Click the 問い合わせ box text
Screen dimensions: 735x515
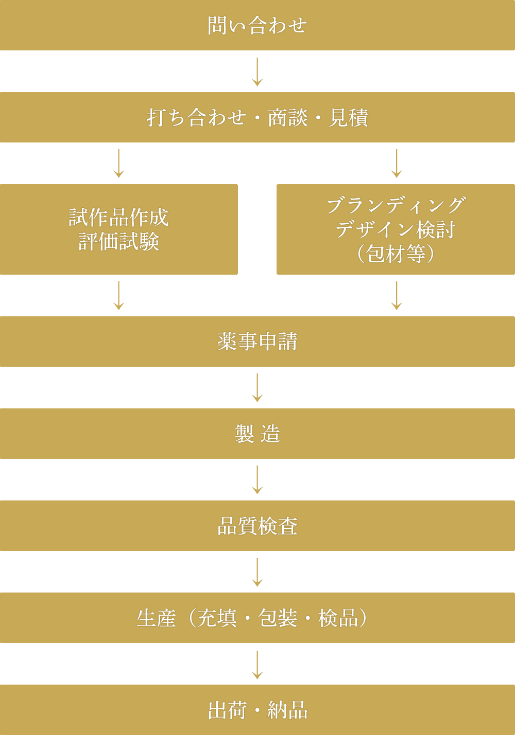coord(257,25)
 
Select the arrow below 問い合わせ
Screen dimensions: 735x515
coord(257,71)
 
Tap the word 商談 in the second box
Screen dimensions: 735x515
coord(287,118)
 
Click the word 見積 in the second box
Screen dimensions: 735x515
coord(349,118)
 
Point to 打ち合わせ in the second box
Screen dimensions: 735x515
coord(196,118)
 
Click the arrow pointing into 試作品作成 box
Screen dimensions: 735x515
coord(118,164)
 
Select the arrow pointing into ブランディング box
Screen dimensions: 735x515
coord(397,164)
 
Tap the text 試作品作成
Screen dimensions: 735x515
coord(118,217)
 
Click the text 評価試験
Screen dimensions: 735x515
coord(118,241)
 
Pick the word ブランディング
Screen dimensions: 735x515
coord(396,205)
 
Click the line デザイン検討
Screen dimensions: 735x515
coord(396,229)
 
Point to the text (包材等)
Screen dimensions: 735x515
coord(396,254)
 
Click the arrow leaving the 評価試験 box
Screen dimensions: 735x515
coord(118,296)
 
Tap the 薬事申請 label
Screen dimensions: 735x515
coord(257,342)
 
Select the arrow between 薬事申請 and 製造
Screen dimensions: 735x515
coord(257,388)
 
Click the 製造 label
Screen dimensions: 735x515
coord(257,434)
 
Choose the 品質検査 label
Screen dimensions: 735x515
coord(257,526)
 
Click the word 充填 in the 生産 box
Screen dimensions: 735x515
coord(217,618)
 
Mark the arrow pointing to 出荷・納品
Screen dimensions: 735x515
coord(257,665)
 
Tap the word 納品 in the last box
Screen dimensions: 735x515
coord(287,710)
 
